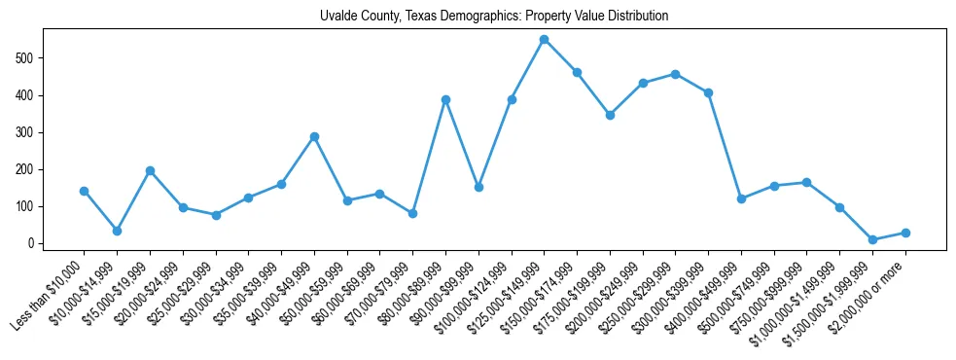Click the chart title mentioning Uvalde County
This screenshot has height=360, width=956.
(494, 17)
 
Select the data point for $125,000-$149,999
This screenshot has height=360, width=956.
(544, 40)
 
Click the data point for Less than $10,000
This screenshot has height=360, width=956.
(84, 191)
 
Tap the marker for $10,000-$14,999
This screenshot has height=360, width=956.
(117, 232)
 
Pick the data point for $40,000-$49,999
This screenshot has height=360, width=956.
(314, 136)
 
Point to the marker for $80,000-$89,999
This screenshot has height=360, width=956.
(445, 99)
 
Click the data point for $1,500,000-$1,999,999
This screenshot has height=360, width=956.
(872, 239)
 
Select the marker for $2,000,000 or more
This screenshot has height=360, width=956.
(905, 233)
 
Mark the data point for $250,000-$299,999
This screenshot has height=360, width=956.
(675, 74)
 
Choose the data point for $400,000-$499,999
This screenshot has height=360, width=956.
(741, 198)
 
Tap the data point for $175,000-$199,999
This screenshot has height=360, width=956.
(610, 115)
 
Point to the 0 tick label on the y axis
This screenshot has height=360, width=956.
(32, 243)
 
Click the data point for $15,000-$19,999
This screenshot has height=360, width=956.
(150, 170)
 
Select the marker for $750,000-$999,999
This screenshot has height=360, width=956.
(806, 182)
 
